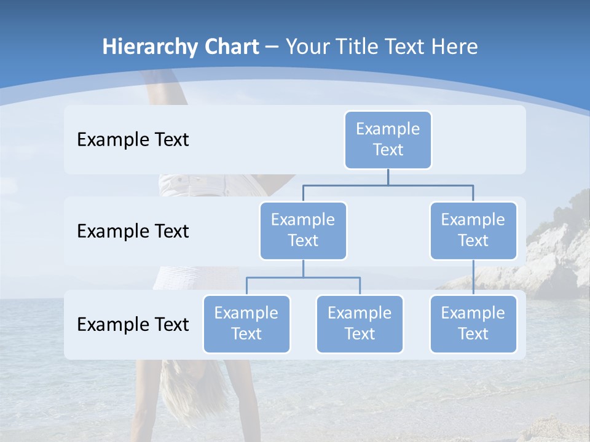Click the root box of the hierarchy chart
click(x=388, y=140)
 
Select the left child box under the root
click(x=303, y=231)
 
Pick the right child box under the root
click(x=473, y=231)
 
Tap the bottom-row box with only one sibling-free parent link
click(x=473, y=324)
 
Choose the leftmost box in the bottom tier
click(x=246, y=324)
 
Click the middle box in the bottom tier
click(x=360, y=324)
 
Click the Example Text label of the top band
click(x=133, y=140)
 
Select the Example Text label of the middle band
click(x=133, y=231)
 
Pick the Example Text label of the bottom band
click(x=133, y=324)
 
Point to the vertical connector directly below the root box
click(x=388, y=177)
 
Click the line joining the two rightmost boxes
click(x=473, y=277)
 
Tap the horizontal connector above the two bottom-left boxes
click(x=303, y=277)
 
